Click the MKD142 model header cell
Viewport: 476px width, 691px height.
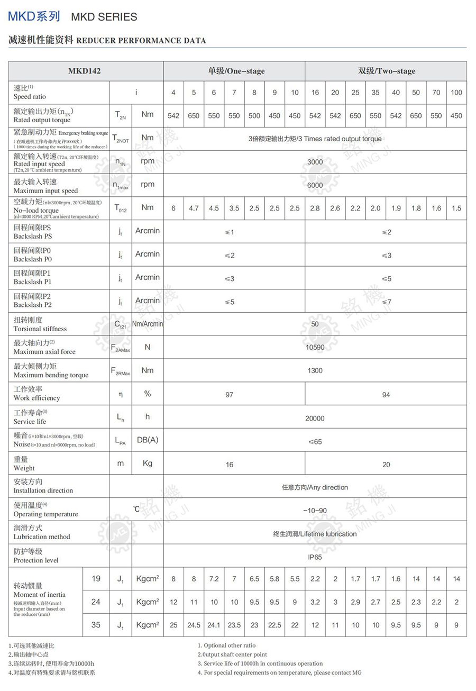click(85, 71)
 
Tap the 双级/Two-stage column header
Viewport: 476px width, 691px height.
click(387, 71)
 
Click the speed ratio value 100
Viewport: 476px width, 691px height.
click(456, 93)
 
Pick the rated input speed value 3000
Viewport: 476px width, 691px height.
click(315, 162)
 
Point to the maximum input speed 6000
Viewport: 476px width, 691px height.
click(315, 185)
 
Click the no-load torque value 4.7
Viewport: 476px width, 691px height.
click(194, 208)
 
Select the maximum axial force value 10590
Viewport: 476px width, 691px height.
click(315, 347)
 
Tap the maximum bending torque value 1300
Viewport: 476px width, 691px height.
click(315, 370)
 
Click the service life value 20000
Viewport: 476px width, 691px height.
click(315, 418)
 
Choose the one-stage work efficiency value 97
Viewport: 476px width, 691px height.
click(229, 395)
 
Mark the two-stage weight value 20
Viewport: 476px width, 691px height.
click(386, 465)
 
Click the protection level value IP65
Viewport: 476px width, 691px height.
click(315, 557)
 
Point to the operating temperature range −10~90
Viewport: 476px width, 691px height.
click(315, 511)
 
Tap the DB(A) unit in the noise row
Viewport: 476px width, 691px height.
click(148, 440)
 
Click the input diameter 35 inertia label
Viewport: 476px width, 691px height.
click(96, 625)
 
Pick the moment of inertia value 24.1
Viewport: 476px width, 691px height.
click(214, 625)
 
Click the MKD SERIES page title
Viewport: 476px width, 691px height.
click(104, 17)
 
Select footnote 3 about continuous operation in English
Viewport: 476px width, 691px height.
click(260, 663)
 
